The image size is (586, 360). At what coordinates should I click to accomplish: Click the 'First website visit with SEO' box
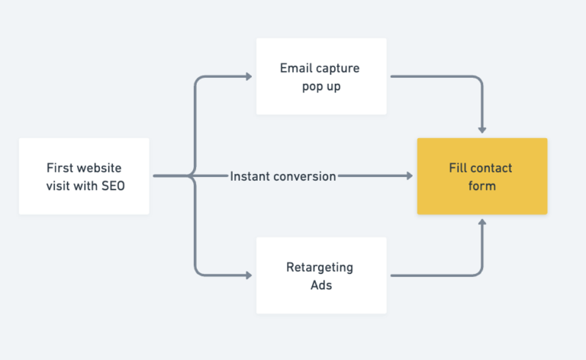tap(84, 176)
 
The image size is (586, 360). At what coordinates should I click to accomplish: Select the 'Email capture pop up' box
tap(321, 76)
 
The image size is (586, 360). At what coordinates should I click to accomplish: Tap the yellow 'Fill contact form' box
tap(481, 176)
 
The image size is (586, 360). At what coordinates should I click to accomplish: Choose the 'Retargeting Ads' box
tap(321, 275)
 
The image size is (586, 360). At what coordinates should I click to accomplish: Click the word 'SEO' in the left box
tap(112, 185)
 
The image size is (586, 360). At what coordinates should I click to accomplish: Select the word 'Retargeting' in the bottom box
tap(320, 267)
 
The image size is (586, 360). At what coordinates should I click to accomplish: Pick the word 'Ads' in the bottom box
tap(320, 284)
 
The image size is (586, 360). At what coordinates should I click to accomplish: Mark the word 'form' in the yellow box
tap(481, 185)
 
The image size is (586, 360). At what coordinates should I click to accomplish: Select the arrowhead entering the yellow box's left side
tap(409, 176)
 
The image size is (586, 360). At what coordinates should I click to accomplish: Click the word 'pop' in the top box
tap(312, 86)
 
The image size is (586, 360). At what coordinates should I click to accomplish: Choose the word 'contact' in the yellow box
tap(492, 168)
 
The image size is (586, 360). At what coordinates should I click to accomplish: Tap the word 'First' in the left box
tap(60, 168)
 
